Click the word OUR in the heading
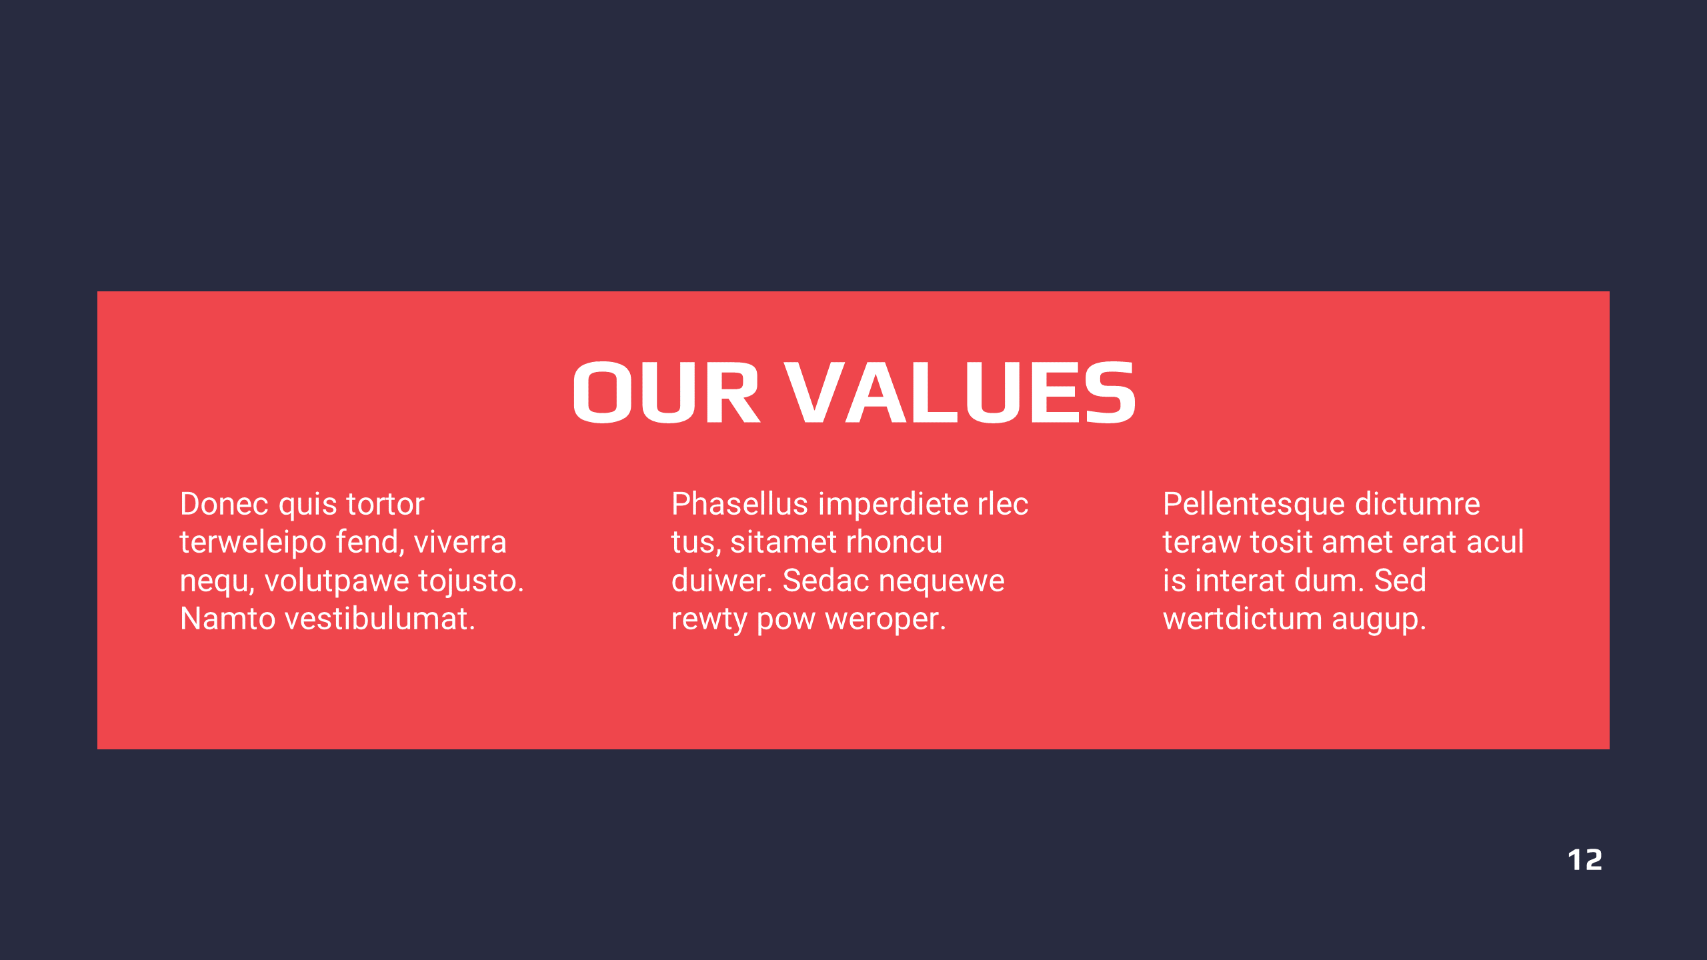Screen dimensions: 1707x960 coord(666,392)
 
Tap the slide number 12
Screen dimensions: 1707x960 coord(1584,860)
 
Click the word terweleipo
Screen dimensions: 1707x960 coord(253,543)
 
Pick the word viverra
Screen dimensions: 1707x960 coord(460,543)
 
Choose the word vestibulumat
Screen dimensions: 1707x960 coord(380,619)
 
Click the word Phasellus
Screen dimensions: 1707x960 coord(739,504)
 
